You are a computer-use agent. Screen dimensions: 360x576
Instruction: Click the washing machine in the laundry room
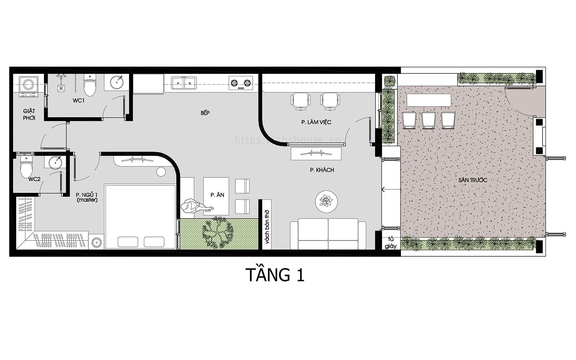click(x=28, y=85)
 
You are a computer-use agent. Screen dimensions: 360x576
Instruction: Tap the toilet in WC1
click(x=89, y=85)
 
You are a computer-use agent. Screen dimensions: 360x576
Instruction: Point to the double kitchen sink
click(x=184, y=83)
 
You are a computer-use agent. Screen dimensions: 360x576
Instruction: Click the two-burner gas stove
click(x=240, y=83)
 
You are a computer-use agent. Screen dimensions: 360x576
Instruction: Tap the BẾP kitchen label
click(x=205, y=113)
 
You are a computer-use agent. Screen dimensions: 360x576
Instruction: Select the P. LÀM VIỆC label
click(x=316, y=122)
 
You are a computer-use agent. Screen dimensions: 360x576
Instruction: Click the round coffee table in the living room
click(x=327, y=201)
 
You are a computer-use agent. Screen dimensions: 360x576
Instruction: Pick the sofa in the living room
click(x=328, y=235)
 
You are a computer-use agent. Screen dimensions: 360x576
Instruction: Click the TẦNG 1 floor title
click(x=275, y=275)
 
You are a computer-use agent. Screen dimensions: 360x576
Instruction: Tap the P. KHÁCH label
click(x=322, y=170)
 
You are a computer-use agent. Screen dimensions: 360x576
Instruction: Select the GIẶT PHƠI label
click(x=29, y=114)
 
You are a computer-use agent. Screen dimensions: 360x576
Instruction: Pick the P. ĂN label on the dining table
click(x=217, y=195)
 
